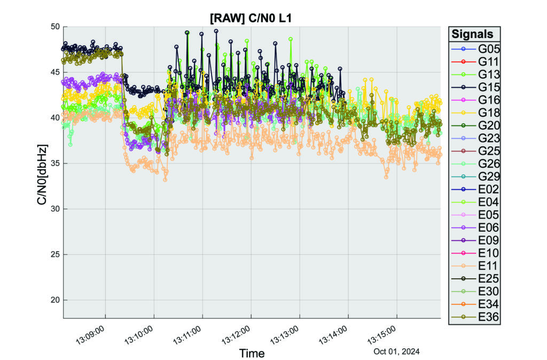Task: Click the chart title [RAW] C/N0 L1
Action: click(x=251, y=18)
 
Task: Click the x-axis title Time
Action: click(x=252, y=353)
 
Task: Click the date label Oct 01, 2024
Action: click(x=396, y=351)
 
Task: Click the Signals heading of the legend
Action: click(x=473, y=34)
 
